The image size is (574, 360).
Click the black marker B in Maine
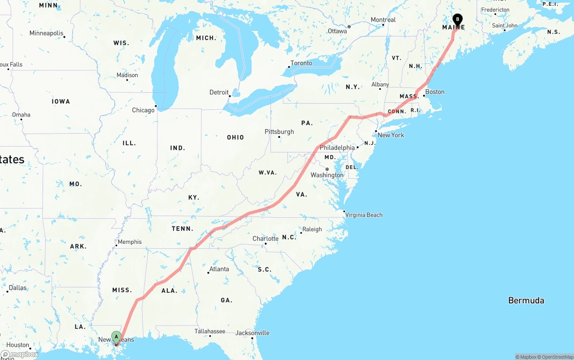point(457,20)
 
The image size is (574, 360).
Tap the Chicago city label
point(143,110)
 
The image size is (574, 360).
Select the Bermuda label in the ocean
point(526,300)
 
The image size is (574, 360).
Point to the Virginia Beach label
point(364,215)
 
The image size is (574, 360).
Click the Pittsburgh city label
point(279,132)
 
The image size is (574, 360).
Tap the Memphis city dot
point(116,245)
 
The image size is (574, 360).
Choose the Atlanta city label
point(219,269)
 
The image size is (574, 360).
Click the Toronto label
point(301,63)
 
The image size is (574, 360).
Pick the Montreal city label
point(383,20)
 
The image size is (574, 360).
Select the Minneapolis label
point(46,33)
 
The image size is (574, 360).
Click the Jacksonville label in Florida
point(252,333)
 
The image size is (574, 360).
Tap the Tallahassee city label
point(210,331)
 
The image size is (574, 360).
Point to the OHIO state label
point(235,138)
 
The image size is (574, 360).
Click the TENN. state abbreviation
point(183,229)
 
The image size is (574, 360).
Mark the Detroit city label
point(219,92)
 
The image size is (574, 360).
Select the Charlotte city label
point(265,239)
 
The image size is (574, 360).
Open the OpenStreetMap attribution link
point(557,357)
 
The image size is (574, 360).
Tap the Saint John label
point(504,26)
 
